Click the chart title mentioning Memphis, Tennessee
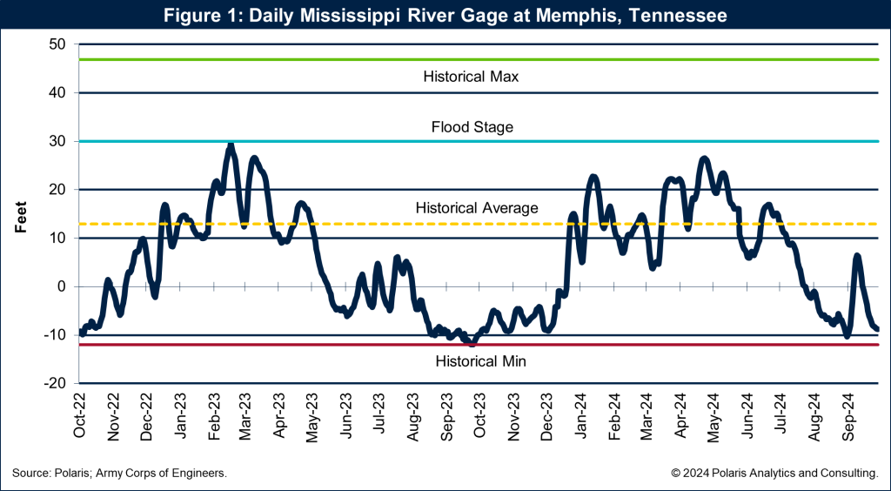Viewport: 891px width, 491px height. tap(445, 15)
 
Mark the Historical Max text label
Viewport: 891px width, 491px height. tap(471, 77)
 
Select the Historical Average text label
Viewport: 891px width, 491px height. tap(477, 208)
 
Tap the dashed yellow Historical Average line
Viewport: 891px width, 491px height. tap(348, 224)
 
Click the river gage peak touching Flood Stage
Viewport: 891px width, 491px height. tap(231, 145)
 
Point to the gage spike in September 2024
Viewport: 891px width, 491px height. tap(857, 256)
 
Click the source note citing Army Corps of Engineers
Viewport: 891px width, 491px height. tap(120, 473)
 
